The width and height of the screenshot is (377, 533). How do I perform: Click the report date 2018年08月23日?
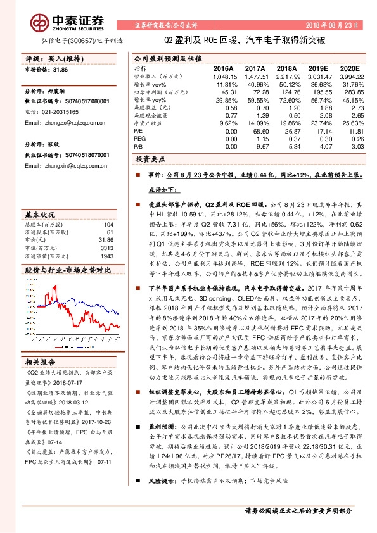(x=335, y=26)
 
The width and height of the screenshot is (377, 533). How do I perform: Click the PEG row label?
(x=139, y=137)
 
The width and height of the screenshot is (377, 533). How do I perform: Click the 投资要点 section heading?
(x=149, y=161)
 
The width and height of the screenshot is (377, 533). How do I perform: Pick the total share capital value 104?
(x=108, y=224)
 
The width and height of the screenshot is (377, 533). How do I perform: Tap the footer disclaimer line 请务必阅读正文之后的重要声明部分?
(x=298, y=511)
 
